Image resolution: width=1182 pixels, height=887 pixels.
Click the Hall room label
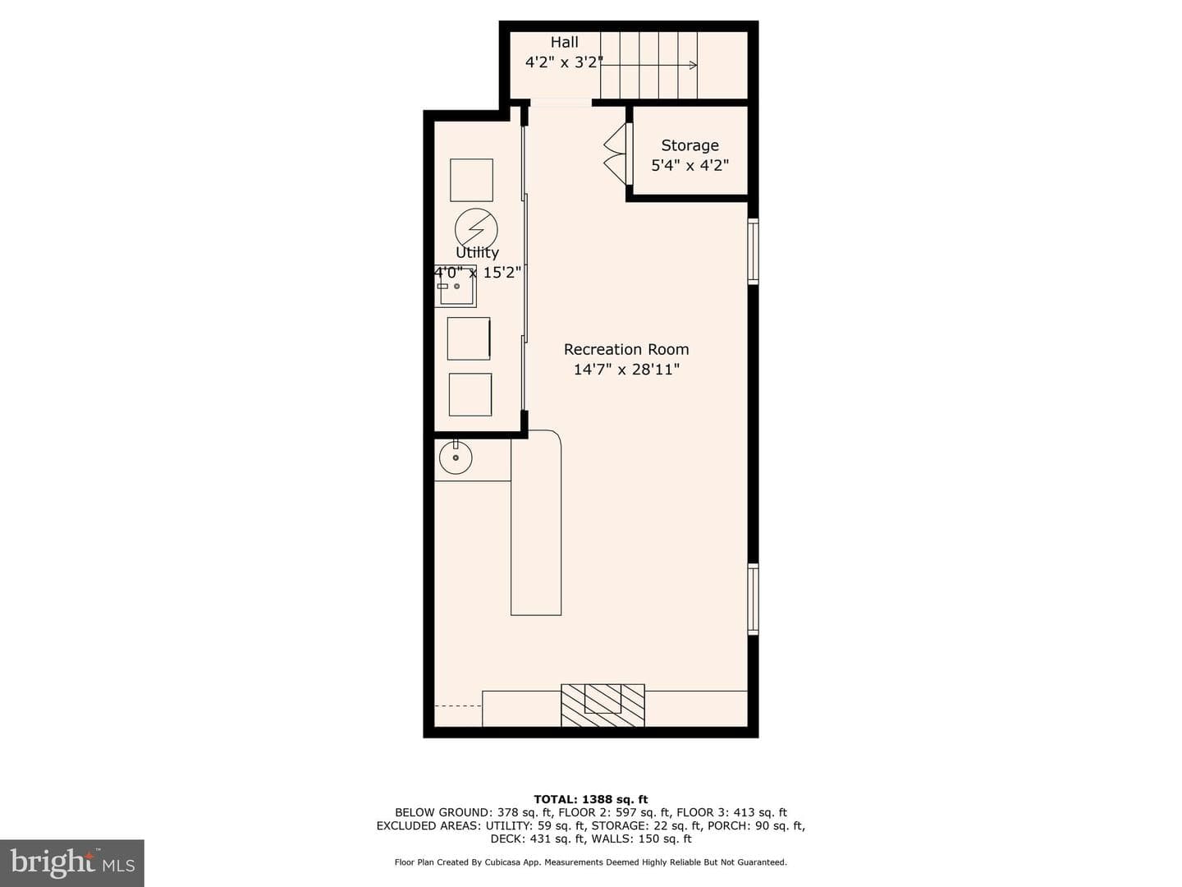(x=564, y=42)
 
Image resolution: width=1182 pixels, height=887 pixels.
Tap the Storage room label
(x=689, y=145)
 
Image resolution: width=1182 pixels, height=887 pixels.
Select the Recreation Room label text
(x=626, y=350)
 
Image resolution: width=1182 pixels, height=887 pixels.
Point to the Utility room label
(x=477, y=252)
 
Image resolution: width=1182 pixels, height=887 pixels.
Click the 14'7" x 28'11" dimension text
(x=626, y=370)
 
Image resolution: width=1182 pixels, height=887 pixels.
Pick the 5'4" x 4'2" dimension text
(x=689, y=165)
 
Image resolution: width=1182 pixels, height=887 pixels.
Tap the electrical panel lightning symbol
(x=476, y=229)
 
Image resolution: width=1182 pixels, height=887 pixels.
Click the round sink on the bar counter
(x=456, y=457)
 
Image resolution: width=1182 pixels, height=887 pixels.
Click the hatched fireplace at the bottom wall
(x=602, y=705)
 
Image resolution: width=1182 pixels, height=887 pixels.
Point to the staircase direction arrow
(x=649, y=65)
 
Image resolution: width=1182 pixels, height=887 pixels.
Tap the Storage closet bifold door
(x=616, y=155)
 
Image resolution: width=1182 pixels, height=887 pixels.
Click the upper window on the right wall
(x=754, y=251)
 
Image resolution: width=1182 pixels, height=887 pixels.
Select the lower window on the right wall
(x=754, y=599)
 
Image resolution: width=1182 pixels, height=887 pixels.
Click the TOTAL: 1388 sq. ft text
(x=591, y=799)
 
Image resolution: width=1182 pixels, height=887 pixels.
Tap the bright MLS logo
(x=72, y=862)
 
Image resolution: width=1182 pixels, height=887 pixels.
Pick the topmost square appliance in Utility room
(x=471, y=180)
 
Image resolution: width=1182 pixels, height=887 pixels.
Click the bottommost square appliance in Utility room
(x=470, y=395)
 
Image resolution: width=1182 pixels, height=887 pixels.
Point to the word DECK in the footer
(x=506, y=839)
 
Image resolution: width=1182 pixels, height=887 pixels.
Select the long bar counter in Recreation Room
(x=536, y=522)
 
